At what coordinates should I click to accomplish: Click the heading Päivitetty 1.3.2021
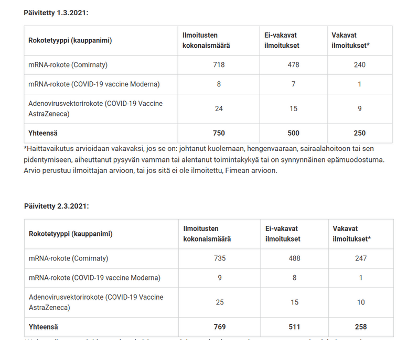point(56,13)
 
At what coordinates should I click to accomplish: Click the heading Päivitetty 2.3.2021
point(57,206)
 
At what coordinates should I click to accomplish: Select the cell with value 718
point(219,65)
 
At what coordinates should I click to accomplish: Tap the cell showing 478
point(293,65)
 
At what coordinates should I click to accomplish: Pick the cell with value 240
point(359,65)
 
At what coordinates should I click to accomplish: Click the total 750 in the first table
point(219,133)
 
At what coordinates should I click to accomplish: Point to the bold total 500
point(293,133)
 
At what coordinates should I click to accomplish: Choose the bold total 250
point(359,133)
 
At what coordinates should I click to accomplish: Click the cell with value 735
point(220,258)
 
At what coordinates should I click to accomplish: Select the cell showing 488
point(294,258)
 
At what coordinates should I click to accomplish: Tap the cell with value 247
point(361,258)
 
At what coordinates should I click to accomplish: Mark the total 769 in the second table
point(220,327)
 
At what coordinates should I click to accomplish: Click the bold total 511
point(294,327)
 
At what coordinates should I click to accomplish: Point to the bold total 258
point(361,327)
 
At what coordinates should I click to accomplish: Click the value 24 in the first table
point(219,108)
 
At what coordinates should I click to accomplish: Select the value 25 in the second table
point(220,302)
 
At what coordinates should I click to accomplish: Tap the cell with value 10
point(361,302)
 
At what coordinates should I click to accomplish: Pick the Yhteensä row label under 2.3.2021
point(44,327)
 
